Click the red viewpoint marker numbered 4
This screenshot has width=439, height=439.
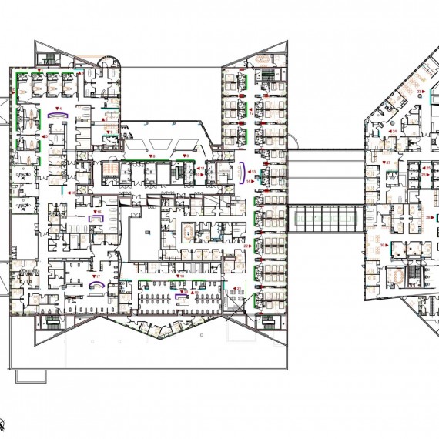click(59, 107)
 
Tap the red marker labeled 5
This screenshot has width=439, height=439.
click(45, 136)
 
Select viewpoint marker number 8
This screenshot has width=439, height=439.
click(152, 156)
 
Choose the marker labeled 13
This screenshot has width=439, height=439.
click(252, 172)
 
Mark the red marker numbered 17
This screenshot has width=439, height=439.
click(96, 275)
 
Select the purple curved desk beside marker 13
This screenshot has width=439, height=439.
click(244, 173)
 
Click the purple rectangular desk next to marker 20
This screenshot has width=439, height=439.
click(182, 293)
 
